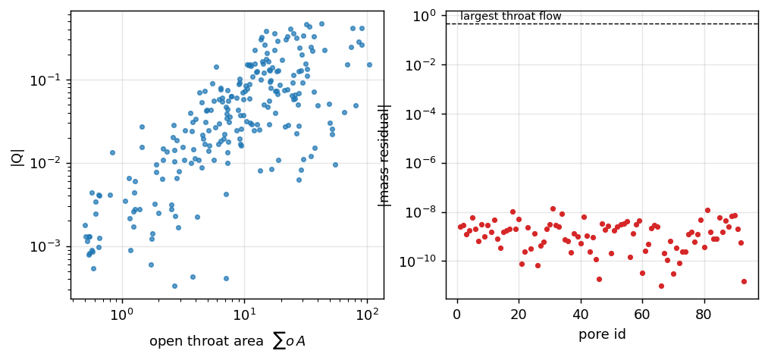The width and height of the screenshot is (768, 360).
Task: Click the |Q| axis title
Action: (x=15, y=154)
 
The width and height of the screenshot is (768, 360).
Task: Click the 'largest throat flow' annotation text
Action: (x=511, y=17)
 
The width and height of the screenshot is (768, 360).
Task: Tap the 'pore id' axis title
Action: (x=602, y=336)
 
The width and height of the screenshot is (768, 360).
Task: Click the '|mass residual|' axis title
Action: (x=386, y=155)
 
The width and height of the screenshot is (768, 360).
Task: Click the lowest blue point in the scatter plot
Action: (x=174, y=286)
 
